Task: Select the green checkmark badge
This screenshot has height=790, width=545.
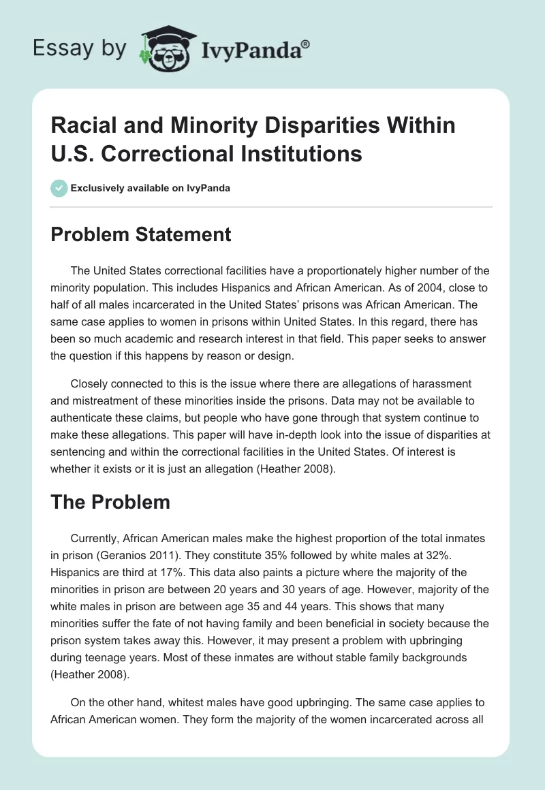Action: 59,188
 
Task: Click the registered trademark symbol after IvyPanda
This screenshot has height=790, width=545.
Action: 306,43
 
